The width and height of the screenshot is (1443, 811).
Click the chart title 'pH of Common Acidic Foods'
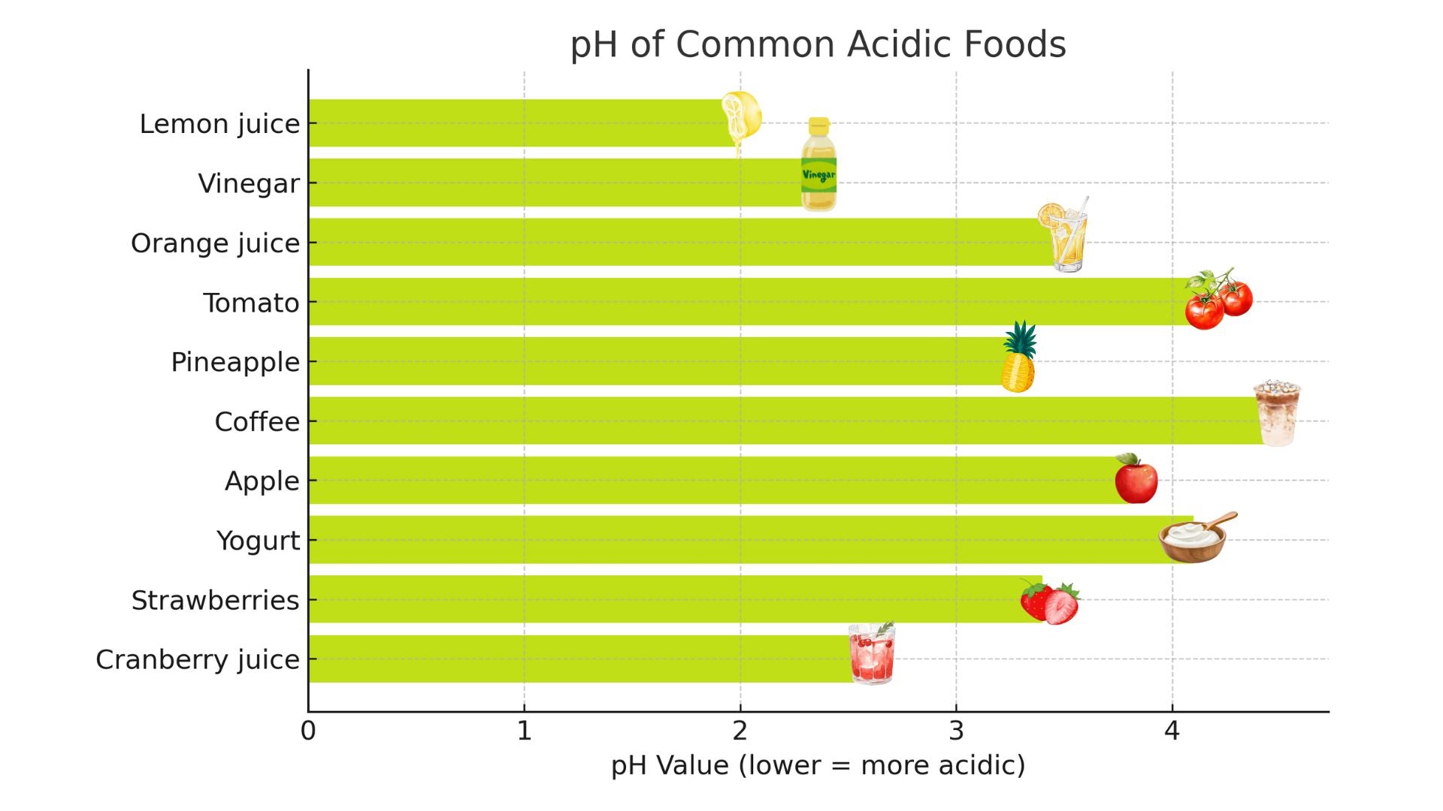click(818, 45)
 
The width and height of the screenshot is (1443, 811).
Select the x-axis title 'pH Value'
click(818, 765)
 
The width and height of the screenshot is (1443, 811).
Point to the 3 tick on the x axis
click(956, 731)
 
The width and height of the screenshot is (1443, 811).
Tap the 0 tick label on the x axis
click(308, 731)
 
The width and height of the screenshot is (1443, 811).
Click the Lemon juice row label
click(219, 124)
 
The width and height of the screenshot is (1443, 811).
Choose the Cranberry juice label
click(198, 660)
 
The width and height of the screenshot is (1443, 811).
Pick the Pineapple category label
click(235, 363)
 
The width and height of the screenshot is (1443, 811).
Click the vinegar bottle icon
click(818, 164)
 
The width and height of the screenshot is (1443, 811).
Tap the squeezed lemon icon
click(741, 119)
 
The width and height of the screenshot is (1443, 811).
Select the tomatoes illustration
click(1218, 300)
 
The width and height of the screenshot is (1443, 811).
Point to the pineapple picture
click(1018, 358)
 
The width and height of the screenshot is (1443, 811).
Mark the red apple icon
click(1136, 478)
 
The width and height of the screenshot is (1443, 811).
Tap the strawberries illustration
click(1050, 601)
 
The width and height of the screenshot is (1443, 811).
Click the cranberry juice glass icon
click(872, 653)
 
